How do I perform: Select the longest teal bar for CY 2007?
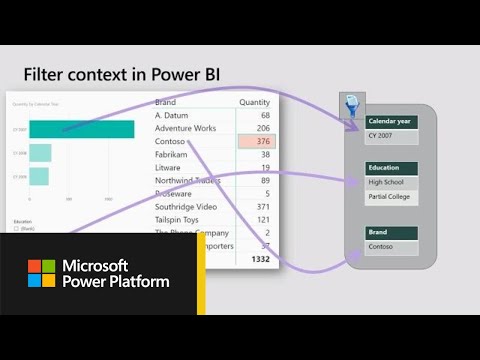[x=81, y=129]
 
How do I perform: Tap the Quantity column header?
[x=255, y=102]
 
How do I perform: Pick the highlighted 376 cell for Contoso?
[x=257, y=142]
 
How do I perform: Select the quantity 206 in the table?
[x=263, y=129]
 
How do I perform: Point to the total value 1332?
[x=259, y=259]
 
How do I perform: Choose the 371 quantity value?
[x=263, y=206]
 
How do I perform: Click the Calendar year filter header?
[x=391, y=122]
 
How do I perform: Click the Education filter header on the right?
[x=391, y=169]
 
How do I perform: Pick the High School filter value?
[x=391, y=183]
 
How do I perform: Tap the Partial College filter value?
[x=391, y=197]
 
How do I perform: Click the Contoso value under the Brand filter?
[x=391, y=245]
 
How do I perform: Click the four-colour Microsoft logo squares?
[x=41, y=274]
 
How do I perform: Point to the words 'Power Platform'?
[x=116, y=282]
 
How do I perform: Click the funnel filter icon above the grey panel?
[x=352, y=106]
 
